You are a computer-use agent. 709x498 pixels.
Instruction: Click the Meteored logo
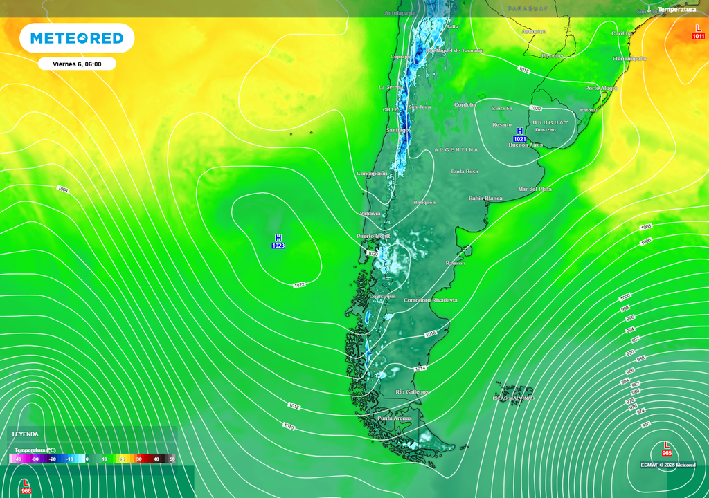tap(77, 39)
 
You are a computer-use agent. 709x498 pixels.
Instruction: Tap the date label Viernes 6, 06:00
tap(77, 64)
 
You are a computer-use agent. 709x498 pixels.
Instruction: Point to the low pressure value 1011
tap(698, 36)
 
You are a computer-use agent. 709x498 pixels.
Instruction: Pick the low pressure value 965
tap(667, 453)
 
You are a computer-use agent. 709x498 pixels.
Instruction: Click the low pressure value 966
tap(26, 490)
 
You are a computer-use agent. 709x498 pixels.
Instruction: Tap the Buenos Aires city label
tap(526, 145)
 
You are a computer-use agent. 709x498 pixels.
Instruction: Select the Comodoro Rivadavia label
tap(431, 300)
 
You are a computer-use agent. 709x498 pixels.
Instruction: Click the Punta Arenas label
tap(394, 418)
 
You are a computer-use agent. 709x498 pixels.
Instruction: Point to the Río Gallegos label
tap(411, 392)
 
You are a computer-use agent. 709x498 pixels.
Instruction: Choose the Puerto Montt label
tap(373, 236)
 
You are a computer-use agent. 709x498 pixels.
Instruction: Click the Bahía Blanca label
tap(485, 199)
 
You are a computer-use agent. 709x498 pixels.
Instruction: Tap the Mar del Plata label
tap(535, 189)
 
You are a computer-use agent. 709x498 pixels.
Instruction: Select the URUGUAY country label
tap(550, 122)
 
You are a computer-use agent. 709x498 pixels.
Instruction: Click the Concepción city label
tap(372, 174)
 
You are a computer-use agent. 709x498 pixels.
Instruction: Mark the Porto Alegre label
tap(600, 89)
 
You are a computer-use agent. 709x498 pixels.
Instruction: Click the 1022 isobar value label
tap(299, 285)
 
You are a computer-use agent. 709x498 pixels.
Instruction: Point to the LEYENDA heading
tap(26, 434)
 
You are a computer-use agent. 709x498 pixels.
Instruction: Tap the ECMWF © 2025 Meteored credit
tap(668, 465)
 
